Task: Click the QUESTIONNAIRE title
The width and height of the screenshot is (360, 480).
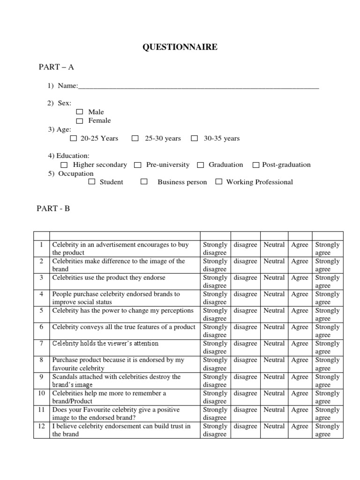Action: pos(180,47)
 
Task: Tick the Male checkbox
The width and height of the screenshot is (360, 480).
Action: pos(79,112)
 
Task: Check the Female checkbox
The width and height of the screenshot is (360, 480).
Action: pos(79,121)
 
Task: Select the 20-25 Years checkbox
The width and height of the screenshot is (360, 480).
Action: pos(73,138)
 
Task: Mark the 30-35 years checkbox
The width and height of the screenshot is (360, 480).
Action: pos(195,138)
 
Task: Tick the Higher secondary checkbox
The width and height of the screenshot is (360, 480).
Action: pos(64,165)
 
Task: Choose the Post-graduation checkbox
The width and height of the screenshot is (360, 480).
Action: pos(256,165)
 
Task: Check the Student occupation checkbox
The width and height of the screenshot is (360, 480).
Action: pos(92,182)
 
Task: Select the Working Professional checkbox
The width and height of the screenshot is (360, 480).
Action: pos(218,182)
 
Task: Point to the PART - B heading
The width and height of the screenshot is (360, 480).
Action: pos(53,209)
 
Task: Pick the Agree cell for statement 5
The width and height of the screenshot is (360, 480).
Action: pos(300,310)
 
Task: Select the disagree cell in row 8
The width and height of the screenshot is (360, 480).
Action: pos(245,360)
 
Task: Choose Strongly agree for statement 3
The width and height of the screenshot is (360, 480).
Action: pos(327,282)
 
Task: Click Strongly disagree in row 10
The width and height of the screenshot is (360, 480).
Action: pos(215,397)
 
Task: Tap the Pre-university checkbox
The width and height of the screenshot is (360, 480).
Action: pos(138,165)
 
